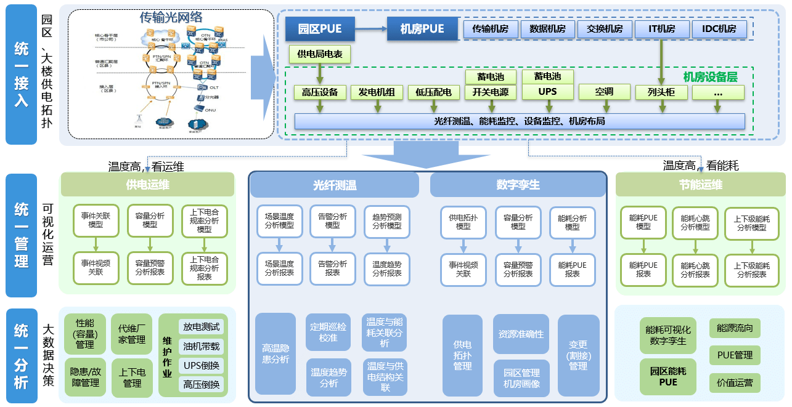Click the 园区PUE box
[321, 29]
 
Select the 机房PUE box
[423, 29]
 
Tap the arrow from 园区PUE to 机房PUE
[372, 29]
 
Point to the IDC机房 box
[719, 29]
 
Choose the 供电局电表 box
[320, 55]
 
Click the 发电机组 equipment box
[377, 92]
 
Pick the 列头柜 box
[661, 92]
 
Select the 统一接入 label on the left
[22, 74]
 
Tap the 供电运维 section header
[148, 185]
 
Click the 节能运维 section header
[701, 185]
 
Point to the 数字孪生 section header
[518, 185]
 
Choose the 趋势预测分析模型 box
[386, 222]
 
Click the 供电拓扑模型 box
[463, 222]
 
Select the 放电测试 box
[201, 327]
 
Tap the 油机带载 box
[201, 347]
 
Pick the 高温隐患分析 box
[276, 354]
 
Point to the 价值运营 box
[735, 383]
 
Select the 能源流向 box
[735, 328]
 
